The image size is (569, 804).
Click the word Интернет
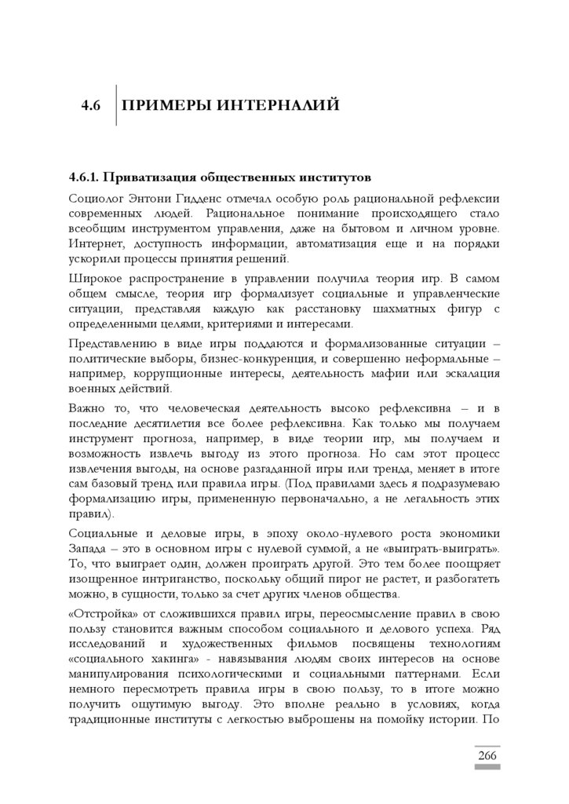pos(96,244)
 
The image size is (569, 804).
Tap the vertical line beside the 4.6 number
pos(116,105)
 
